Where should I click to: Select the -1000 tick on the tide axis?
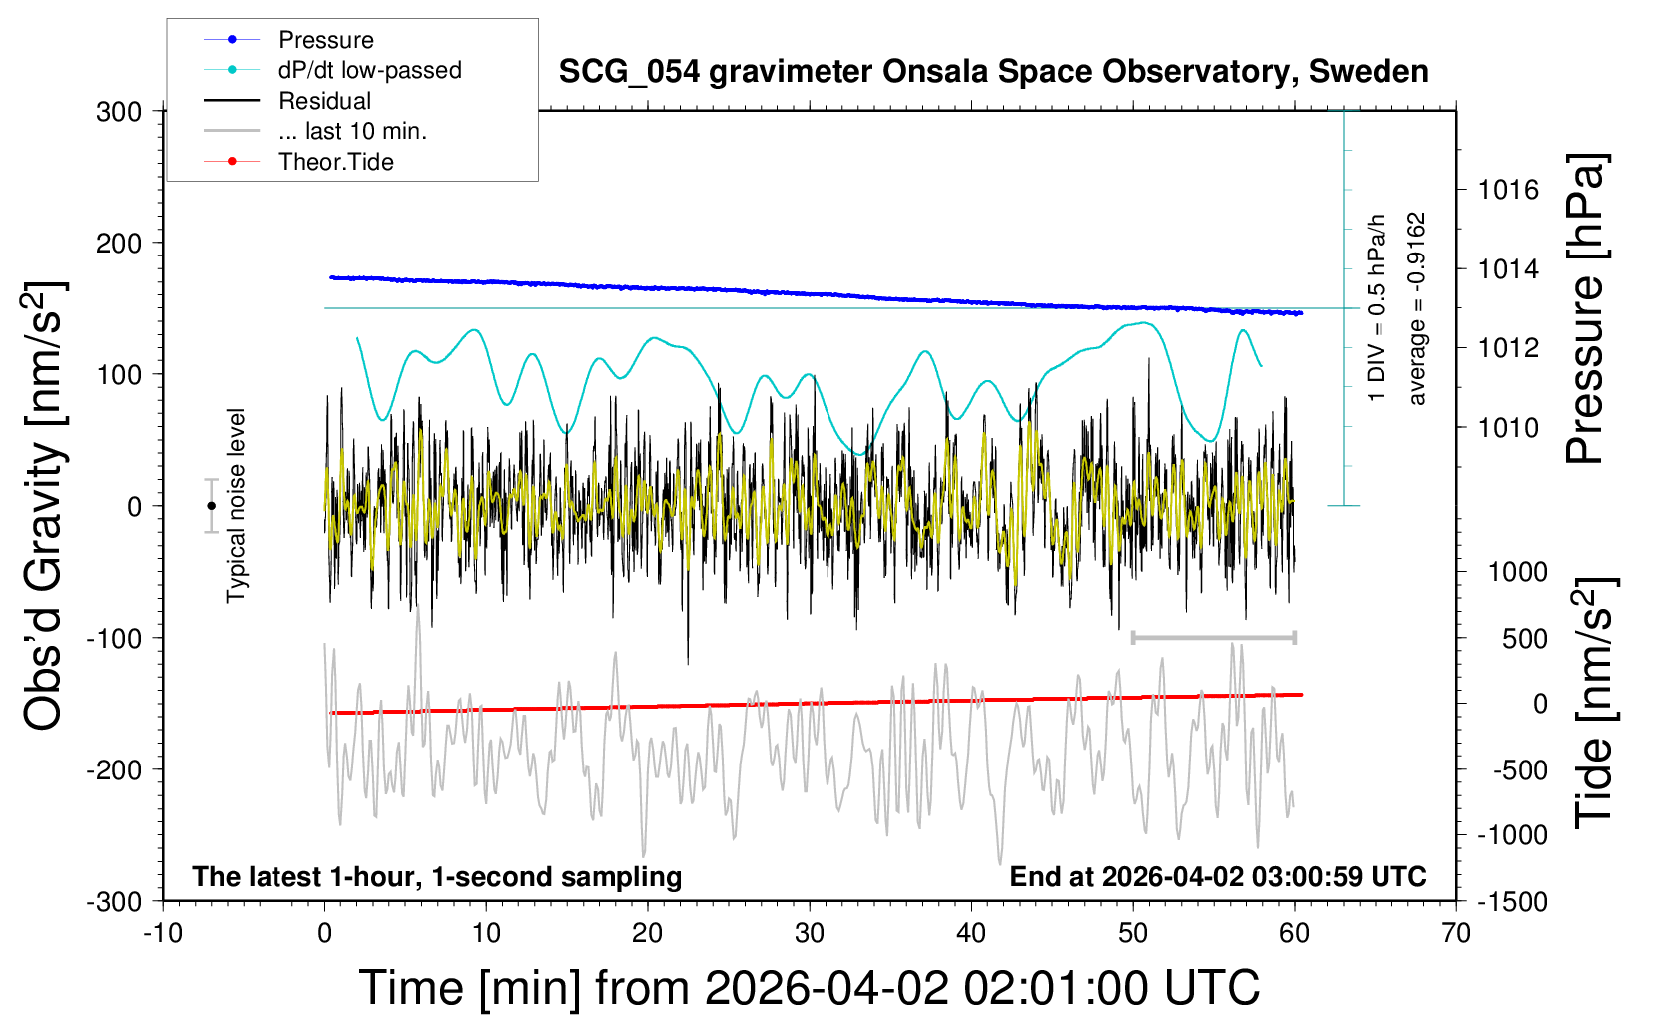(x=1512, y=835)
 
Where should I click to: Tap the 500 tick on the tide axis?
(x=1524, y=639)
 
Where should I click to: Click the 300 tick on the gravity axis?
(x=119, y=112)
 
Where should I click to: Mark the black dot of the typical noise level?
(x=211, y=506)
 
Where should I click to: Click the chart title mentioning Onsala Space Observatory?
(x=993, y=72)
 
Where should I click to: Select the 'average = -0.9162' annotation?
(x=1416, y=308)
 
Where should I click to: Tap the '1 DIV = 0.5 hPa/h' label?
(x=1378, y=308)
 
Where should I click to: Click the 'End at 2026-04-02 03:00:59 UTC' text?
(x=1218, y=877)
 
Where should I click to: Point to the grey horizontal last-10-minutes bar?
(x=1213, y=637)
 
